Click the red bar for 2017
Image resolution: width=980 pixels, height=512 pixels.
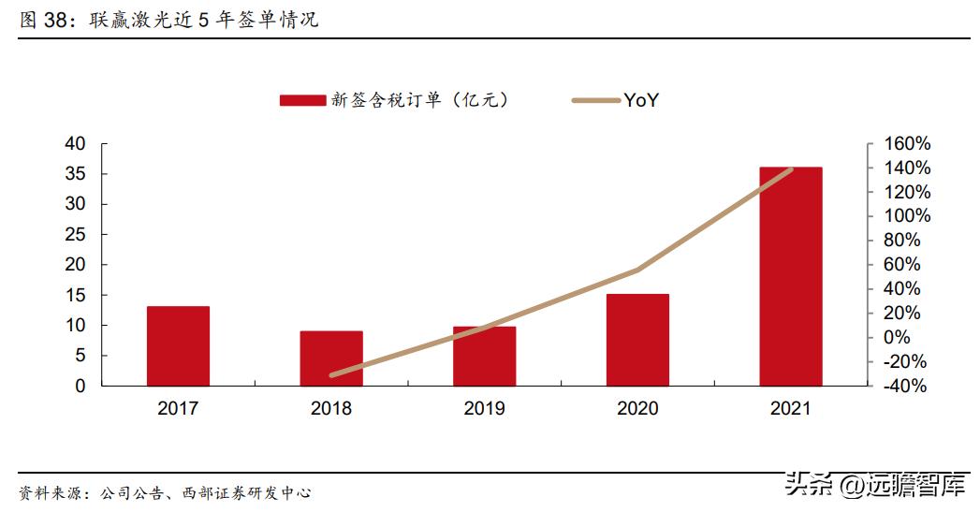pos(178,345)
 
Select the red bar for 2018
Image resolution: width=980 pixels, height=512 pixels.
pos(331,358)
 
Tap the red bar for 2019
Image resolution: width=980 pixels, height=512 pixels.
pos(484,356)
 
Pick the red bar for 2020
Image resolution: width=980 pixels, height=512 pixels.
pos(637,340)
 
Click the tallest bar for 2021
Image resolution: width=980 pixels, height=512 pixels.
pos(791,276)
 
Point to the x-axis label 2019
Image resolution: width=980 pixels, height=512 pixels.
pos(484,409)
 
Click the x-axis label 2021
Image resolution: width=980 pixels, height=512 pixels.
pos(791,409)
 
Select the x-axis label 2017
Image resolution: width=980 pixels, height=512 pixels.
pos(178,409)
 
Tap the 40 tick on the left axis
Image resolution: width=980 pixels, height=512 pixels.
pos(75,144)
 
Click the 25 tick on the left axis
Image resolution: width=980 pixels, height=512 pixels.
pos(75,235)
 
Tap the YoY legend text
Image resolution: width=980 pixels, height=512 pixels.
pos(641,101)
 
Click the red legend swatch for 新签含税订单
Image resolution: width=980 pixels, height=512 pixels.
pos(302,101)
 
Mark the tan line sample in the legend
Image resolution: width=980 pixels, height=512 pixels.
pos(595,101)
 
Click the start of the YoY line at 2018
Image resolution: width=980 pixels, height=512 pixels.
pos(331,374)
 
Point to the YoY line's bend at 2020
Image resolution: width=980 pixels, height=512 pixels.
pos(637,270)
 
